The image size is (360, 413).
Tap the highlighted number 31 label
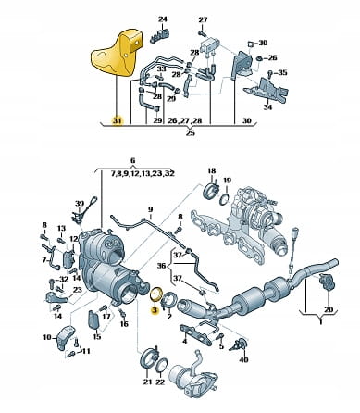[118, 120]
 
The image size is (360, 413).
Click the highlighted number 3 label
[155, 309]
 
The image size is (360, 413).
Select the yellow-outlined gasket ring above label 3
[156, 294]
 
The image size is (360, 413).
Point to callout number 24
[163, 19]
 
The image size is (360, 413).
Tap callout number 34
[267, 107]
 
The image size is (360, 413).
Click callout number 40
[244, 359]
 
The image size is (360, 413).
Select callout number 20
[329, 309]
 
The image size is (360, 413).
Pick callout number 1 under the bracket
[320, 322]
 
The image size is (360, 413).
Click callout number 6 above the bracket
[132, 161]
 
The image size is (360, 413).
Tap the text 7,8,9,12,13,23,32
[143, 173]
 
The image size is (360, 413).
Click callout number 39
[80, 203]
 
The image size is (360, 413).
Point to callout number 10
[47, 337]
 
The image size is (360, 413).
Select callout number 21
[148, 382]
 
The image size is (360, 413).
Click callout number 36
[161, 265]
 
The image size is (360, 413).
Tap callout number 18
[212, 170]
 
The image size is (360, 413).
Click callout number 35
[282, 73]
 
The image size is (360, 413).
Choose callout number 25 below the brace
[191, 133]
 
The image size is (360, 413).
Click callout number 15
[97, 336]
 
